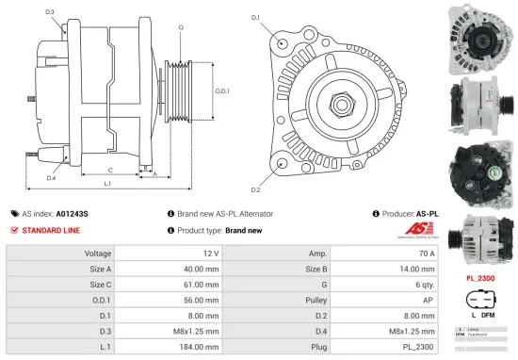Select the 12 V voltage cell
pyautogui.click(x=210, y=254)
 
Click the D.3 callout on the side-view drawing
pyautogui.click(x=49, y=12)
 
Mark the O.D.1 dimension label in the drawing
pyautogui.click(x=222, y=90)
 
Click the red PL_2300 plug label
pyautogui.click(x=481, y=278)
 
